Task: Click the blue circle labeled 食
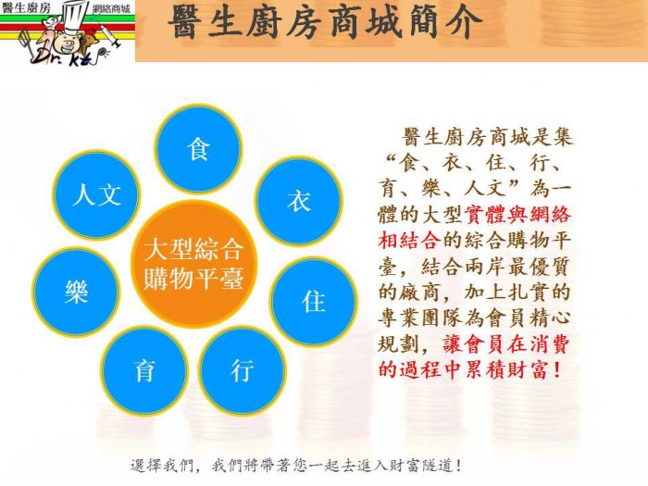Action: point(198,149)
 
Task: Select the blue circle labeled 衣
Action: point(298,201)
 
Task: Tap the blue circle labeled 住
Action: point(313,301)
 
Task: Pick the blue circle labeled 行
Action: point(243,370)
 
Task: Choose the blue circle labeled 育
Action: point(144,370)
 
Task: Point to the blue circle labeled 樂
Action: point(77,292)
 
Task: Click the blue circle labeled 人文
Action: point(97,194)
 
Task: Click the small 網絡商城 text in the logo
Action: point(111,8)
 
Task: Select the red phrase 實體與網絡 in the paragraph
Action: point(517,215)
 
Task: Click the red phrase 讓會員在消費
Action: point(506,343)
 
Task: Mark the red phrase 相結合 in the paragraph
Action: point(409,240)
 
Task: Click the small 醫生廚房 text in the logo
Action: point(26,7)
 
